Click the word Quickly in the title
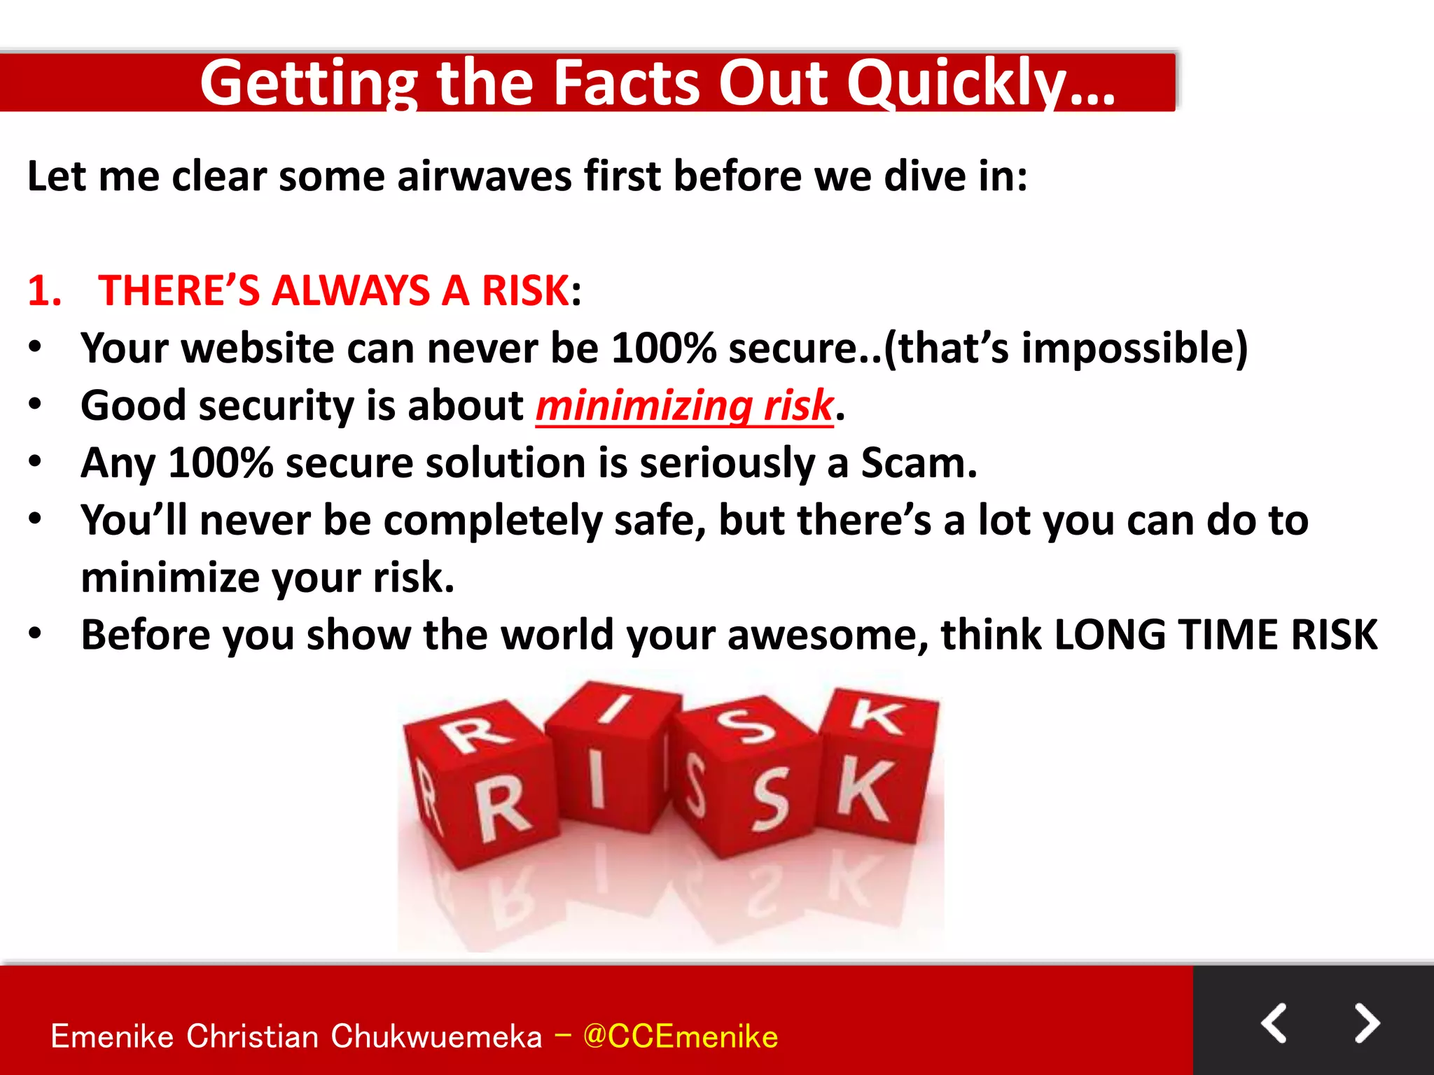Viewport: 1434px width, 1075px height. (980, 84)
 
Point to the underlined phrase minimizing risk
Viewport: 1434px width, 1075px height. (684, 406)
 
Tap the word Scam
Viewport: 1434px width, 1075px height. (918, 463)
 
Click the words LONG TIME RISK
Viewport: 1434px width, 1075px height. (1216, 635)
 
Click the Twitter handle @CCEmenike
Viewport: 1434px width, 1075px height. (680, 1037)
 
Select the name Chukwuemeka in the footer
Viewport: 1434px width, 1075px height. (436, 1037)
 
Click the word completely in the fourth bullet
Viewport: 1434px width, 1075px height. (492, 521)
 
